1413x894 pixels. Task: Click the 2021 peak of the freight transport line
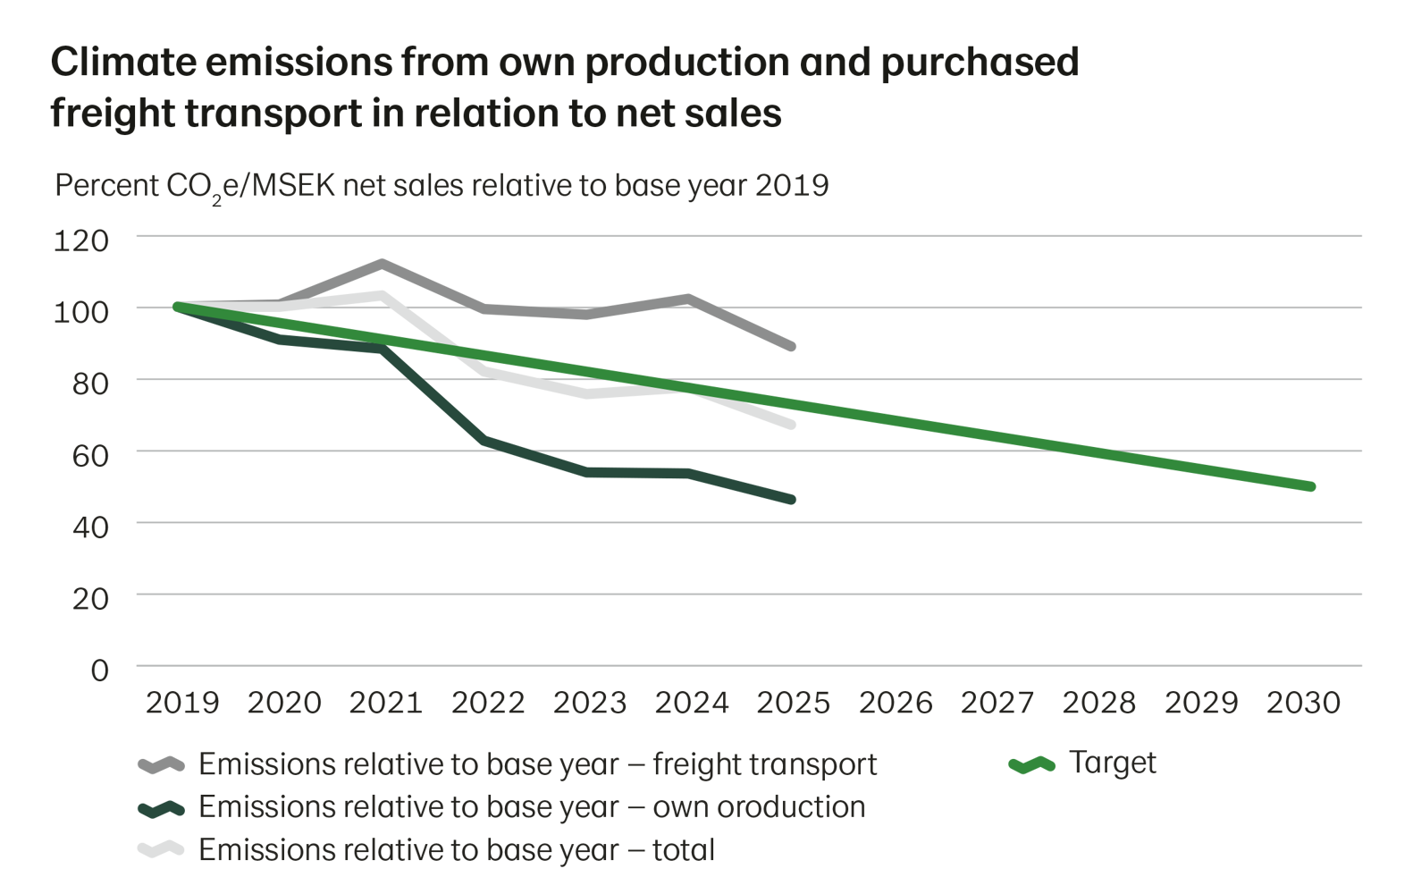coord(383,263)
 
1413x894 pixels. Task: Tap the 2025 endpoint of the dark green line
coord(791,499)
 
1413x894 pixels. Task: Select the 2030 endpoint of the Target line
coord(1311,486)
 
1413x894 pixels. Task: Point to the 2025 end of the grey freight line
coord(791,346)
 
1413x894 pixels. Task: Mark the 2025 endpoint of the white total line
coord(791,424)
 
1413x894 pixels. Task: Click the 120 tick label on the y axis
coord(81,240)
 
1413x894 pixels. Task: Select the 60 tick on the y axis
coord(90,454)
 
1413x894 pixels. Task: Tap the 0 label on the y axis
coord(99,670)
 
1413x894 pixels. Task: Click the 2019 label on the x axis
coord(182,703)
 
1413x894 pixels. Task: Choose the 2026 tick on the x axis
coord(896,703)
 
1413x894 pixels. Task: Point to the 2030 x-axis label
coord(1304,703)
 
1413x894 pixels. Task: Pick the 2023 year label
coord(590,703)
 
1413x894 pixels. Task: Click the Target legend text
coord(1113,763)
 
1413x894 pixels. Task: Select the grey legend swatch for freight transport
coord(161,764)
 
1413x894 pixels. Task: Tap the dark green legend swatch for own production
coord(161,807)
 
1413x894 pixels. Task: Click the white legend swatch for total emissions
coord(161,849)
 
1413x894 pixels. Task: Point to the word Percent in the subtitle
coord(105,186)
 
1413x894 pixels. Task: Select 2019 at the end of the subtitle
coord(793,186)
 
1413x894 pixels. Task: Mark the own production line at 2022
coord(485,439)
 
